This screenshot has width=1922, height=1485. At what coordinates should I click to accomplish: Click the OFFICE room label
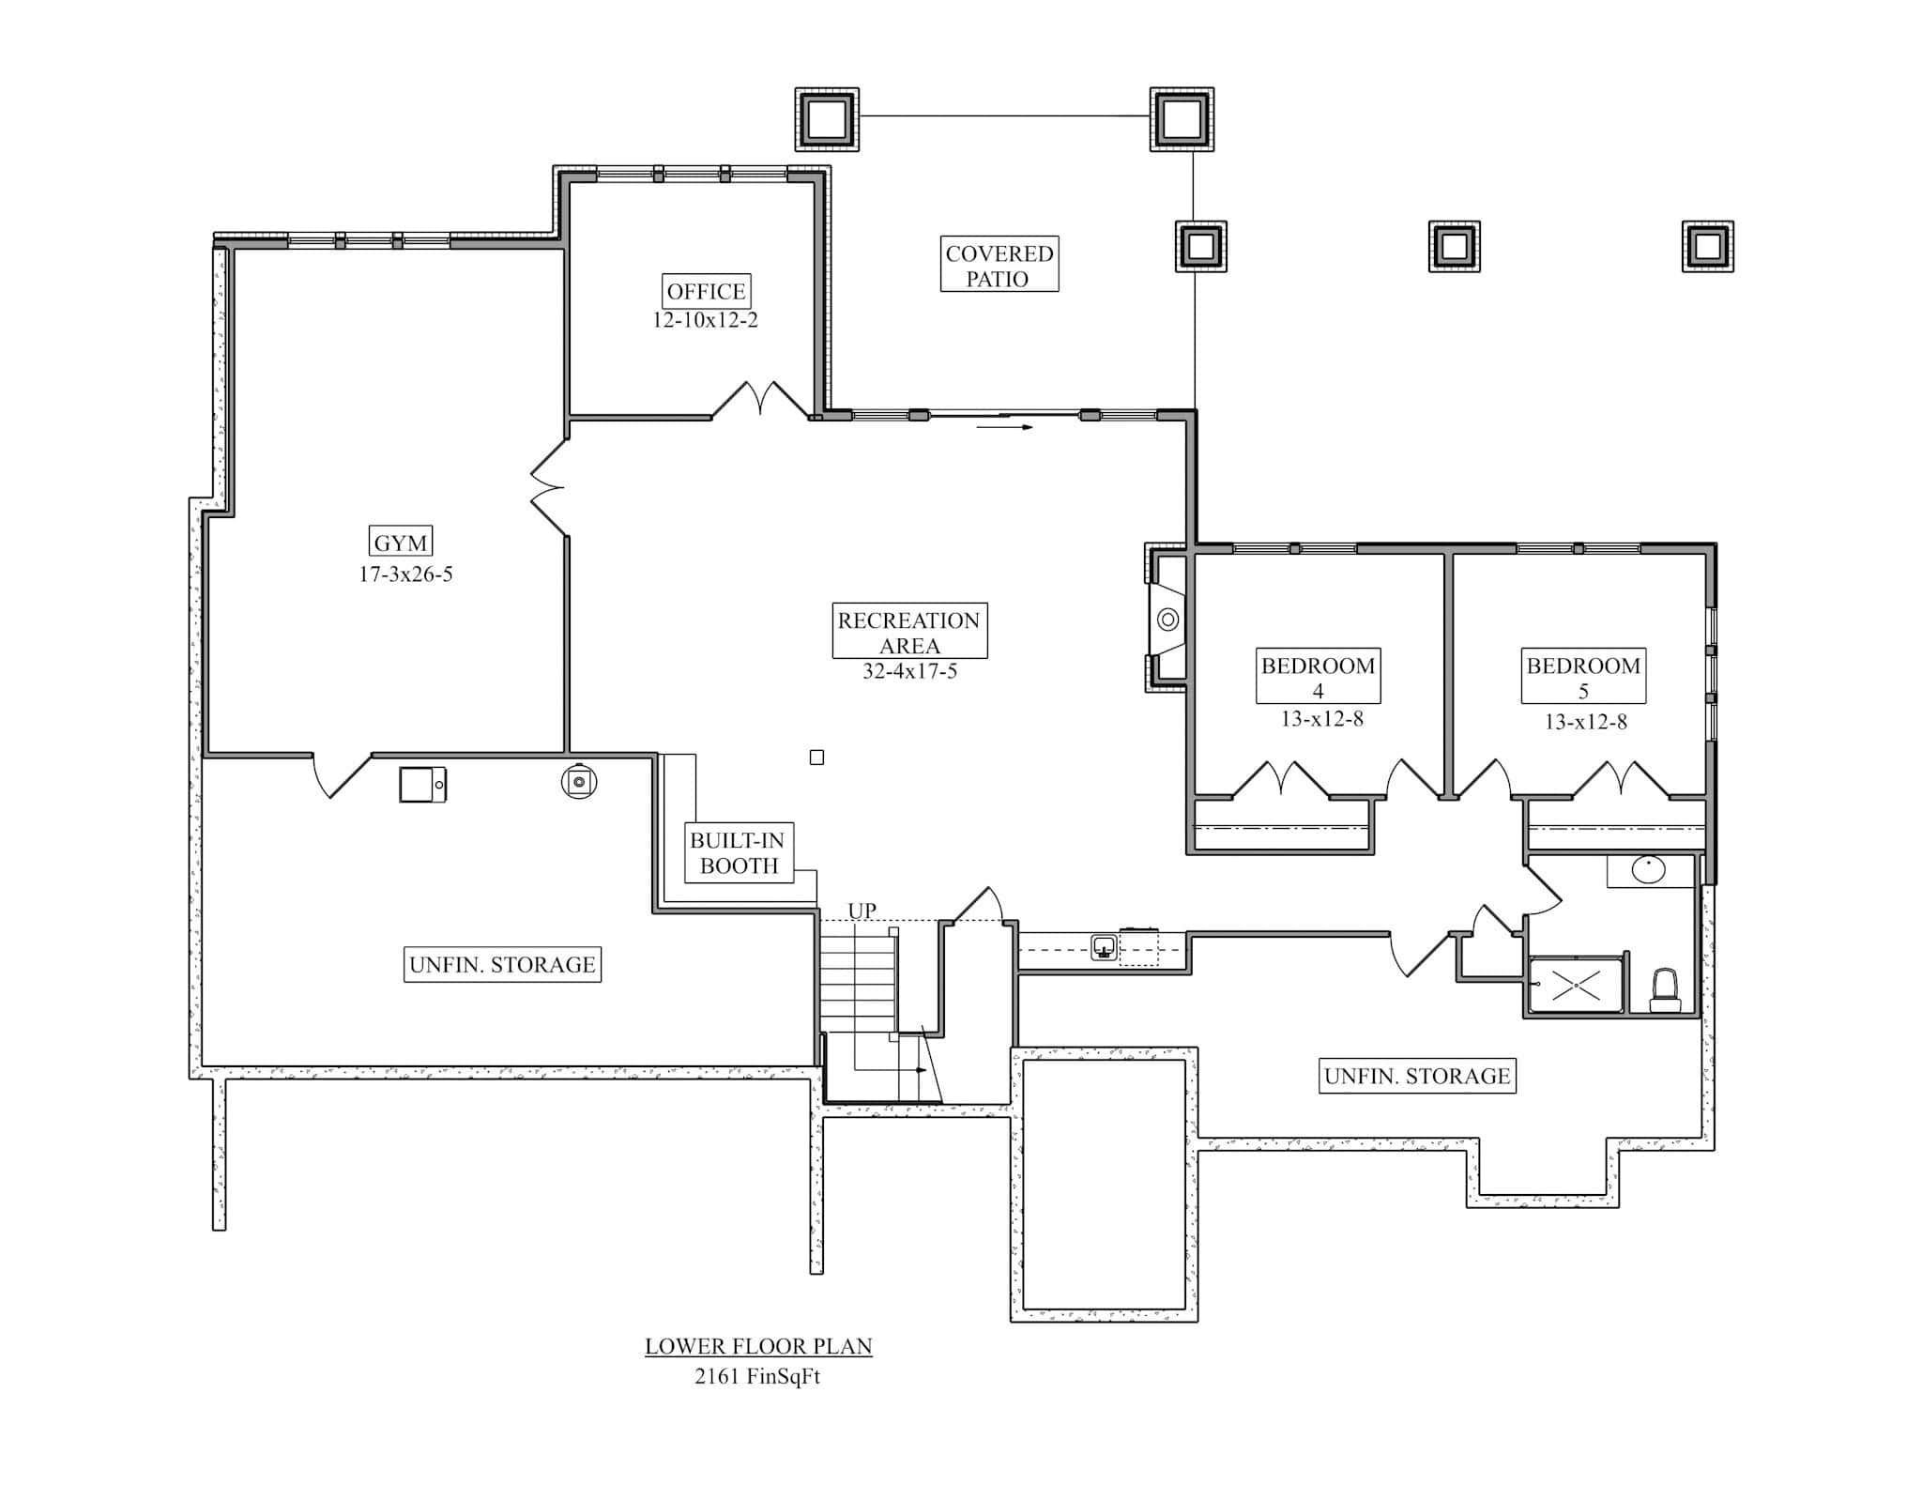point(706,291)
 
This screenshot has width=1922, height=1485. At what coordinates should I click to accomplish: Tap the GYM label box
point(401,543)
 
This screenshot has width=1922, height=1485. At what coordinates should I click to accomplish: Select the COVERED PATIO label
point(999,265)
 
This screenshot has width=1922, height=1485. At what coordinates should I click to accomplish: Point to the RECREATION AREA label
point(909,632)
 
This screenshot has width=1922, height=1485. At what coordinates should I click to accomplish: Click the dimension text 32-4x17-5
point(909,671)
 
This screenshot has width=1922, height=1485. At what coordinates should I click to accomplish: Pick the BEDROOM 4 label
point(1318,676)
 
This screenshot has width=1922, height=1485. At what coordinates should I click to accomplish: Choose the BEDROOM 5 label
point(1583,676)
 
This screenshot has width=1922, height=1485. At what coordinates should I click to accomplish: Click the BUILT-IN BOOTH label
point(738,852)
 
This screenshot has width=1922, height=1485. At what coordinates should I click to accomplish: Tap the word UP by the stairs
point(862,910)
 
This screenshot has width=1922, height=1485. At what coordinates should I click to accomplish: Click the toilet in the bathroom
point(1665,990)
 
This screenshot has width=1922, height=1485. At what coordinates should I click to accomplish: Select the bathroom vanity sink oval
point(1648,869)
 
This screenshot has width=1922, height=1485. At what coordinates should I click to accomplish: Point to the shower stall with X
point(1576,985)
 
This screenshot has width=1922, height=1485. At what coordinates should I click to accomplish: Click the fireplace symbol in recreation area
point(1168,620)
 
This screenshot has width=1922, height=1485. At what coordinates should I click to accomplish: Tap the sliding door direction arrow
point(1004,427)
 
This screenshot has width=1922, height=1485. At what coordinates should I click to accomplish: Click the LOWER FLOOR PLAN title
point(758,1346)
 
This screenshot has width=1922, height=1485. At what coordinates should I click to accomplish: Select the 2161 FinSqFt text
point(758,1376)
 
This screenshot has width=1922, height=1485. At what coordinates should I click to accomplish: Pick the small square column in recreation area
point(816,758)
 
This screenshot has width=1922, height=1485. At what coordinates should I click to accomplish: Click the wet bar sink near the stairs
point(1105,946)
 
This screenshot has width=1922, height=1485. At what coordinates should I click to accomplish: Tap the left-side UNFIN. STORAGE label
point(502,964)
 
